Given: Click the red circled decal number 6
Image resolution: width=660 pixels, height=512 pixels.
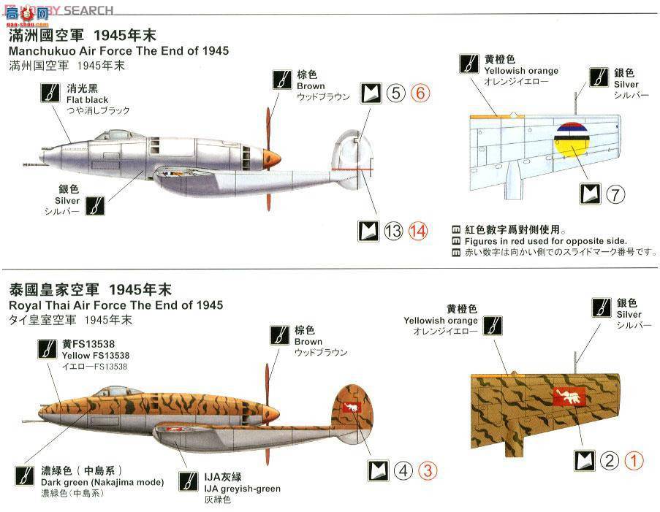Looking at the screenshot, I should (x=420, y=93).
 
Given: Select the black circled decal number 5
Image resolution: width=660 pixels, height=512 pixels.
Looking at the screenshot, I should (x=395, y=93).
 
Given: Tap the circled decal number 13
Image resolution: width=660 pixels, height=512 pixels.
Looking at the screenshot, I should (x=393, y=231).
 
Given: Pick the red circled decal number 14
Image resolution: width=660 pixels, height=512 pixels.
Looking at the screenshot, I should (x=418, y=231).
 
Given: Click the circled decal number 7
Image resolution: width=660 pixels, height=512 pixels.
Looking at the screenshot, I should (x=615, y=194).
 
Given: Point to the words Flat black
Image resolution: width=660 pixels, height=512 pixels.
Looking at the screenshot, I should (x=87, y=99).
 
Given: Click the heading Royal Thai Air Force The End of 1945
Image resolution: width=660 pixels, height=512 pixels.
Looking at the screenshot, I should (x=115, y=305).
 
